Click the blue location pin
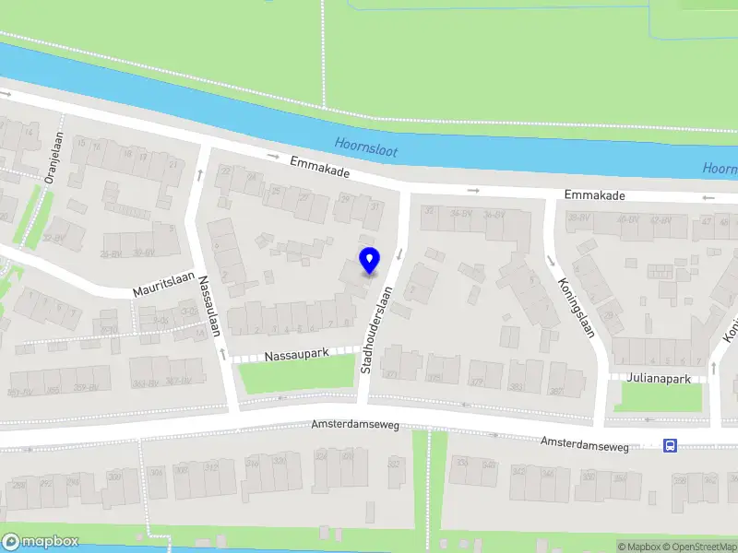pos(369,260)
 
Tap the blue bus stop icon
pos(670,446)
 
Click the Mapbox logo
pos(41,542)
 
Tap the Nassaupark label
pos(297,354)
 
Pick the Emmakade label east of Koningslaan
pos(595,195)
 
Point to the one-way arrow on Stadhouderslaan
pos(399,253)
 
